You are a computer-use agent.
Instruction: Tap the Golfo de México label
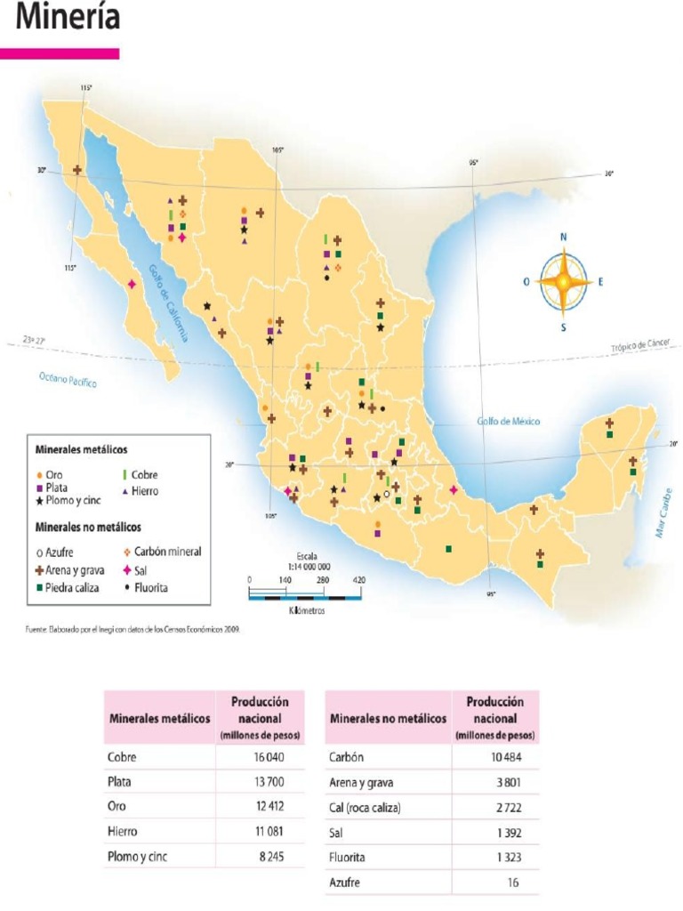pyautogui.click(x=508, y=422)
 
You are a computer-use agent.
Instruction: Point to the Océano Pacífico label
pyautogui.click(x=68, y=380)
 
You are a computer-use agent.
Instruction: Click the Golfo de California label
pyautogui.click(x=169, y=303)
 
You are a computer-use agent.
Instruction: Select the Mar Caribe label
pyautogui.click(x=663, y=516)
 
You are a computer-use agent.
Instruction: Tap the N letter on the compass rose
pyautogui.click(x=564, y=238)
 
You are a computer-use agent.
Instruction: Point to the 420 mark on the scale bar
pyautogui.click(x=359, y=580)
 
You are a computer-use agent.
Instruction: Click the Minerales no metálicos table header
pyautogui.click(x=388, y=718)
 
